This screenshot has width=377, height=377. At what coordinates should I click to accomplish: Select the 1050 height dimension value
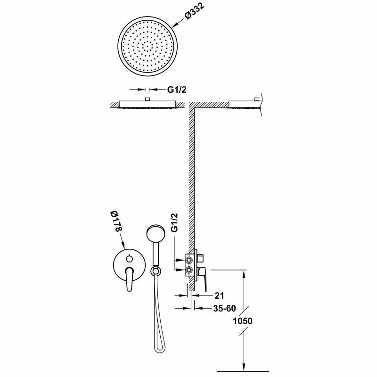[x=243, y=321]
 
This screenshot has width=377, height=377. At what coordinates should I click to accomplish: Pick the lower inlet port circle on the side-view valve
[x=189, y=270]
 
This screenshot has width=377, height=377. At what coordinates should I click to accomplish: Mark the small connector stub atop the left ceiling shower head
[x=148, y=99]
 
